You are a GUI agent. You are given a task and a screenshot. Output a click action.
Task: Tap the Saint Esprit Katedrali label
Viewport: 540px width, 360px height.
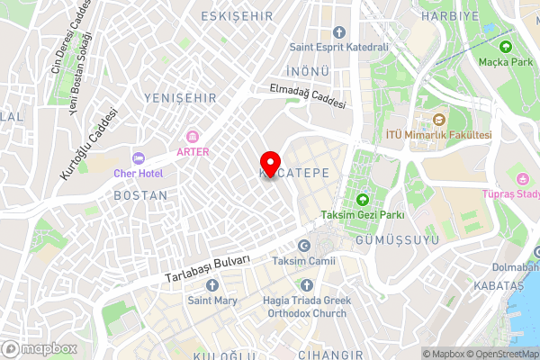tap(338, 47)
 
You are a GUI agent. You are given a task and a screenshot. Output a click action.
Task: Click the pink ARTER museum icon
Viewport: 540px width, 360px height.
tap(193, 137)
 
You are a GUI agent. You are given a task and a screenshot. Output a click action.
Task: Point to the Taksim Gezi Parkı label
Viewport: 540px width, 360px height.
tap(363, 215)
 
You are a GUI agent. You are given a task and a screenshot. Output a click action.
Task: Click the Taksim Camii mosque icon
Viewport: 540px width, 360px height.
tap(303, 246)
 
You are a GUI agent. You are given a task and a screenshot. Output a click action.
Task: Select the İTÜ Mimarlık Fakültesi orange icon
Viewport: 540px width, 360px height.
tap(438, 120)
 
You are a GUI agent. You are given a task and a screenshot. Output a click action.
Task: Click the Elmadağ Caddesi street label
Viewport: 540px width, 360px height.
tap(307, 96)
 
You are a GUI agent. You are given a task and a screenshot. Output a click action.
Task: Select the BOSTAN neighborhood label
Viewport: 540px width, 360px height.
tap(140, 194)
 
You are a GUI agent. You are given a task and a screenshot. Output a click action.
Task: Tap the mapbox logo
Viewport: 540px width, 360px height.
tap(38, 348)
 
